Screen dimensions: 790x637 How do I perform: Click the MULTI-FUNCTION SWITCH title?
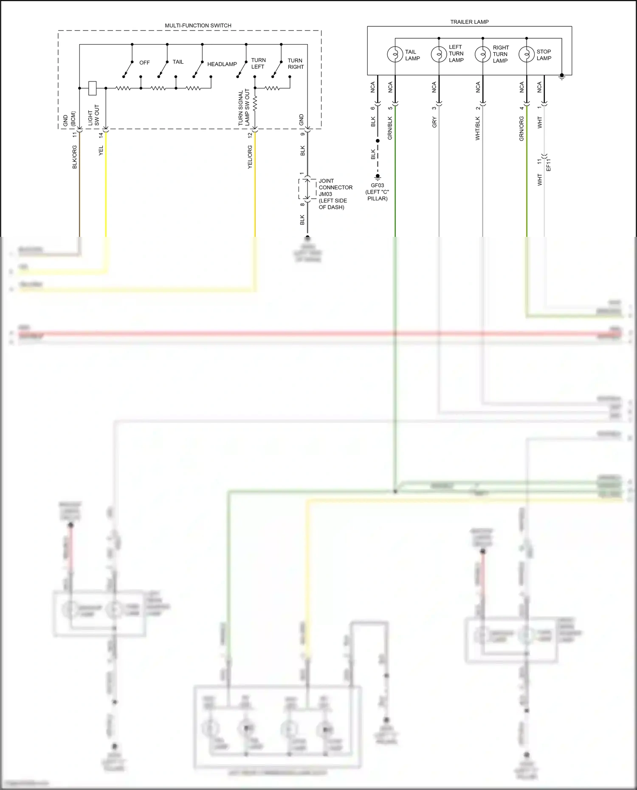tap(198, 25)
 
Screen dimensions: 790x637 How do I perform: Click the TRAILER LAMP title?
tap(469, 22)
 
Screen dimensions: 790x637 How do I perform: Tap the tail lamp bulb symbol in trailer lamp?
tap(395, 54)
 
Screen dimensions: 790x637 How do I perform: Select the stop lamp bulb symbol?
tap(526, 54)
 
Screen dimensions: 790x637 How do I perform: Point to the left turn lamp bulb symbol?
tap(439, 54)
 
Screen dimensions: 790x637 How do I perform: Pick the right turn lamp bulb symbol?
tap(482, 54)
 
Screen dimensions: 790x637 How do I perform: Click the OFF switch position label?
tap(144, 63)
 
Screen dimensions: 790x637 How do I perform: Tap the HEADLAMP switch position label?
tap(222, 64)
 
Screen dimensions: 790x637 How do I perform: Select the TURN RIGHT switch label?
tap(296, 64)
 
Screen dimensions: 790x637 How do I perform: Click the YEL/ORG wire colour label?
tap(250, 157)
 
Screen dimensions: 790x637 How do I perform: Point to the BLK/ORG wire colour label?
tap(75, 157)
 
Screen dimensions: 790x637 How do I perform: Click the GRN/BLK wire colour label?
tap(390, 128)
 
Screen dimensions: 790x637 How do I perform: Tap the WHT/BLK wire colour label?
tap(478, 129)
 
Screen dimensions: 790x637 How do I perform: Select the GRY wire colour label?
tap(434, 123)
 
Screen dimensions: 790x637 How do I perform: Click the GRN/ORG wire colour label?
tap(521, 129)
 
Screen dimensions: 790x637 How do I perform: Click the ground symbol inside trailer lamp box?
tap(562, 77)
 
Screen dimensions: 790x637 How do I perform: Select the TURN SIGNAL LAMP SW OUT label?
tap(244, 107)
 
